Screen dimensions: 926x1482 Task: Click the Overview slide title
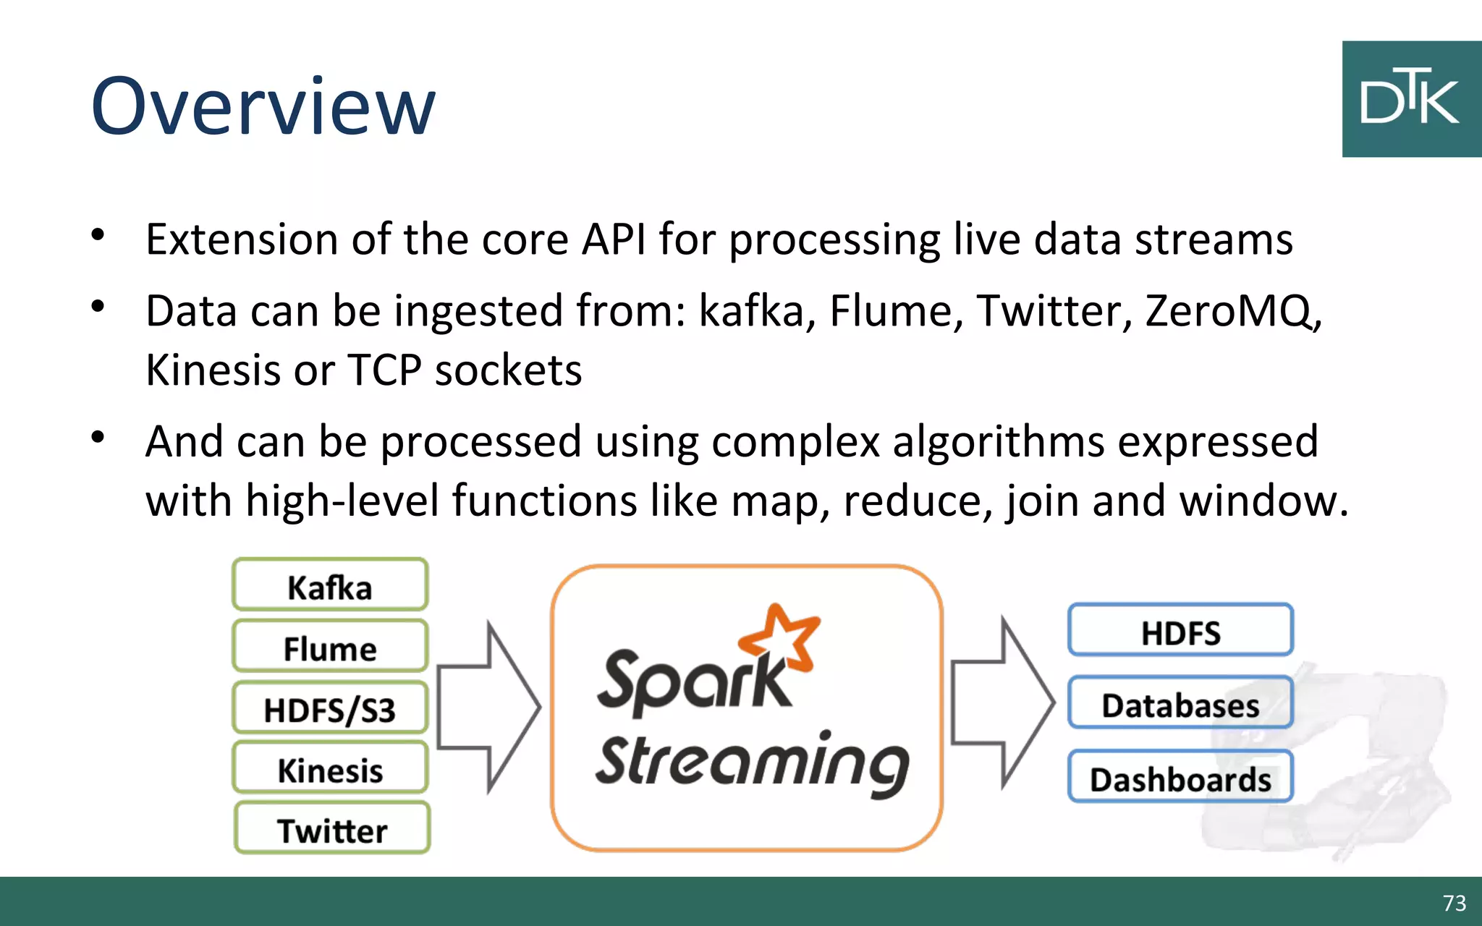pyautogui.click(x=263, y=106)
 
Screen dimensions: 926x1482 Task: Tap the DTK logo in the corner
pyautogui.click(x=1410, y=99)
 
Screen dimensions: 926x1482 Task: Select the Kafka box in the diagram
pyautogui.click(x=330, y=585)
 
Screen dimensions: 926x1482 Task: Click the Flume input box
pyautogui.click(x=330, y=647)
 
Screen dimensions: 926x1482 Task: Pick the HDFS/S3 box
pyautogui.click(x=330, y=708)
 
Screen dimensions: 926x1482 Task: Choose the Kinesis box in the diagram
pyautogui.click(x=330, y=769)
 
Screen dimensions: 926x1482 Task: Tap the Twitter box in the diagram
pyautogui.click(x=332, y=829)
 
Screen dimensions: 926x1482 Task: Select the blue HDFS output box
pyautogui.click(x=1180, y=631)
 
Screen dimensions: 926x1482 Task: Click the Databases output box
pyautogui.click(x=1180, y=703)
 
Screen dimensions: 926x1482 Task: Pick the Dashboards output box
pyautogui.click(x=1180, y=778)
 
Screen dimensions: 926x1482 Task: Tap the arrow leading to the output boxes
pyautogui.click(x=1003, y=702)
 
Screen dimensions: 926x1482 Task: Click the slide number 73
pyautogui.click(x=1454, y=903)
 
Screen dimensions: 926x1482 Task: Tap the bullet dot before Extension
pyautogui.click(x=98, y=235)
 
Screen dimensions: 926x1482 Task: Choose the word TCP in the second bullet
pyautogui.click(x=384, y=370)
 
